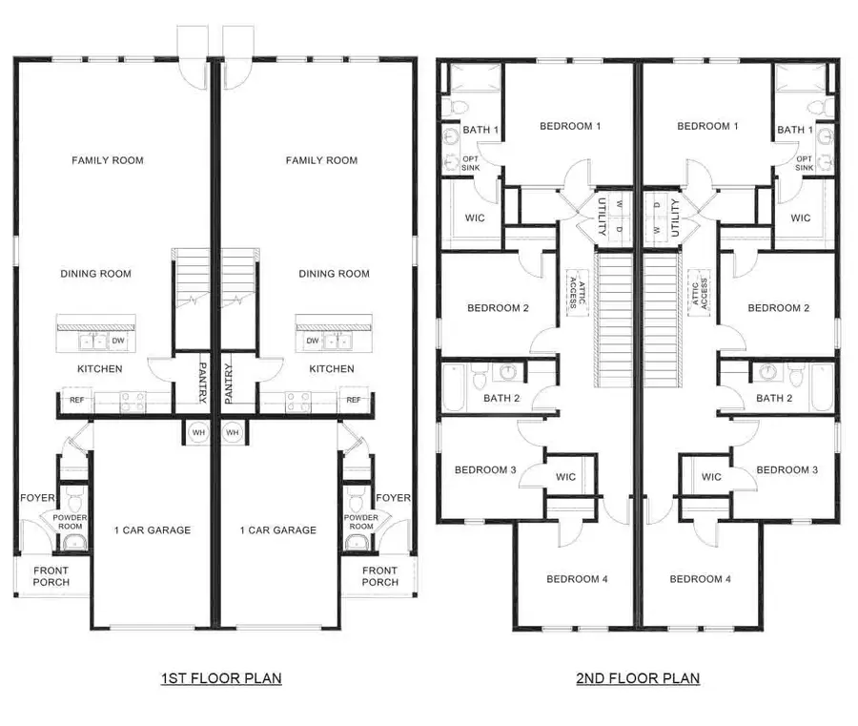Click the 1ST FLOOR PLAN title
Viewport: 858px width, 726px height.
pos(221,678)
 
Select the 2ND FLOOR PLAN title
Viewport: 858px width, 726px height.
pos(638,678)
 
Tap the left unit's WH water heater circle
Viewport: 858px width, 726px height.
pos(198,432)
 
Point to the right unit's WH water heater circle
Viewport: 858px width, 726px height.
pos(233,432)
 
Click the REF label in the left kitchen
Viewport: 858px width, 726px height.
pos(77,400)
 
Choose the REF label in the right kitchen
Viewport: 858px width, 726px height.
pos(354,400)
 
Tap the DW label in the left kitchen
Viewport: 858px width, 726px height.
pos(118,341)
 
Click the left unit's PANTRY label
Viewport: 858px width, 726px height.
pos(202,383)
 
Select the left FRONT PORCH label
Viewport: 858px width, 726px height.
pos(51,576)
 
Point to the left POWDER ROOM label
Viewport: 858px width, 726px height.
pos(70,522)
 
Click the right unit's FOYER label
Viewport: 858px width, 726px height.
pos(393,498)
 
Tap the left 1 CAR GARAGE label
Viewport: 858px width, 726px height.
pos(153,530)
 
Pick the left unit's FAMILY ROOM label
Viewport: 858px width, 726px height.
pos(108,160)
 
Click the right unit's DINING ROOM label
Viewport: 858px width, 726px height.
pos(335,274)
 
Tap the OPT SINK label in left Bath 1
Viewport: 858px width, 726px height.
pos(471,163)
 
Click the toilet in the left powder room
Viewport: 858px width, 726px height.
pos(74,501)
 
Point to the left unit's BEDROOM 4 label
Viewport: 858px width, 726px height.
pos(578,579)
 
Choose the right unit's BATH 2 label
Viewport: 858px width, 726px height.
pos(774,399)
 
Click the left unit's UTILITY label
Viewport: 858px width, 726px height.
pos(601,217)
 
